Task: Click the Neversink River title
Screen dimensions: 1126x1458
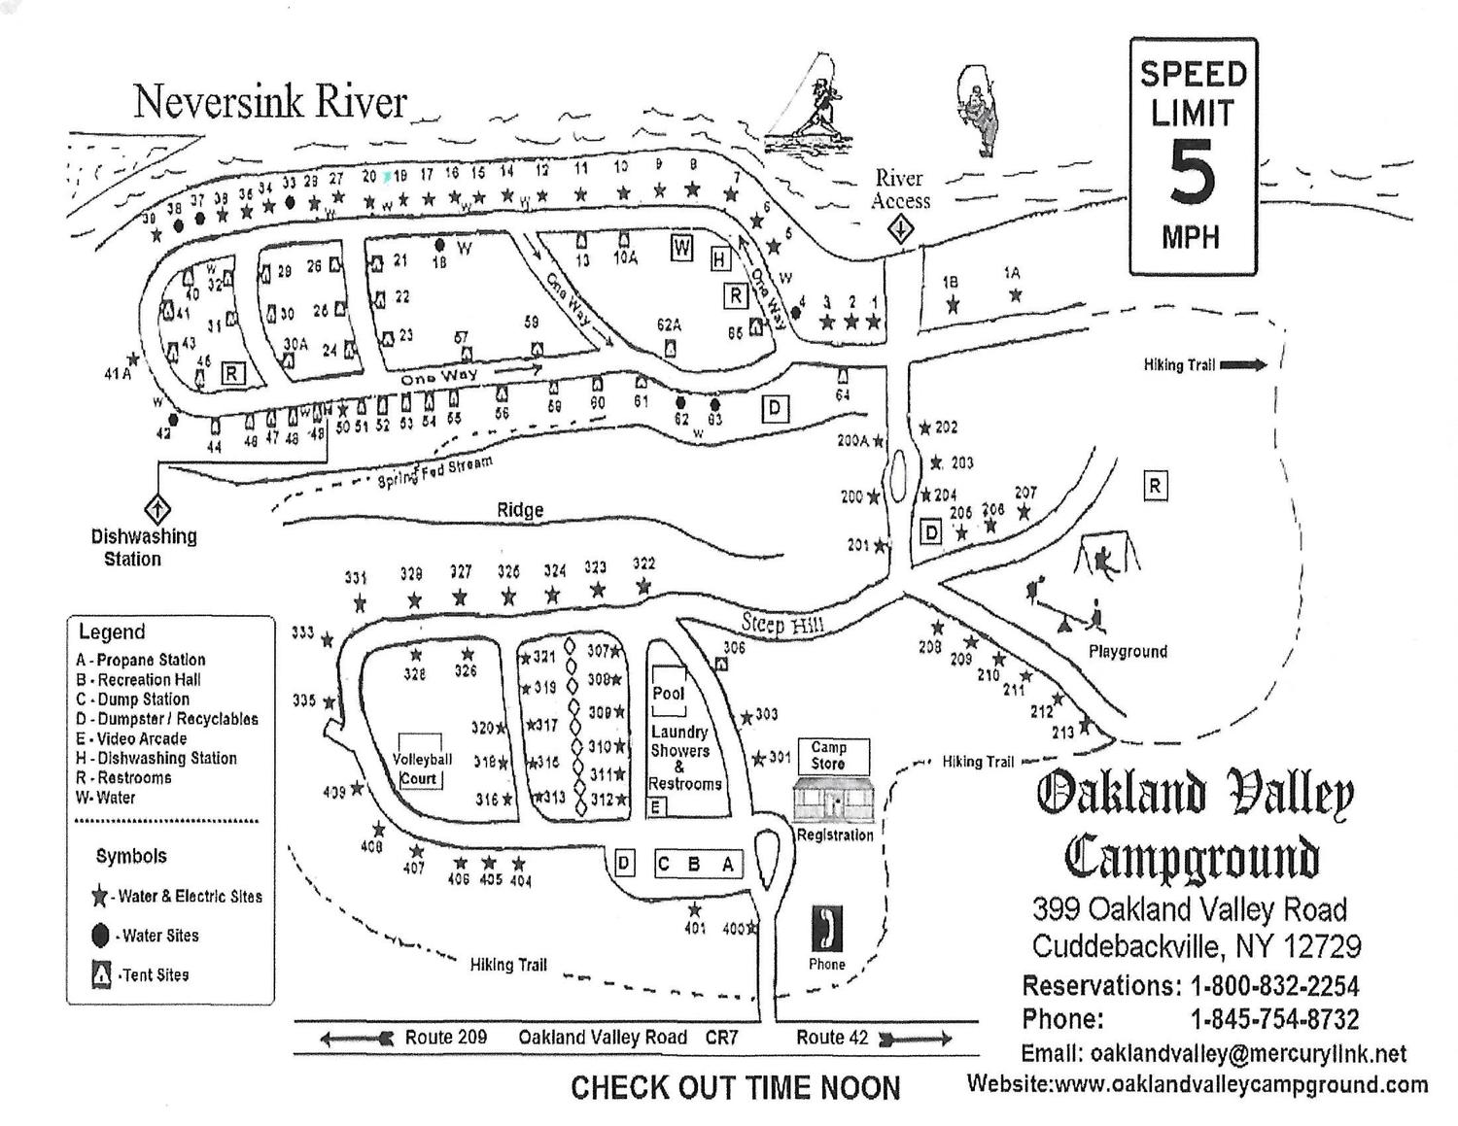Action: [269, 102]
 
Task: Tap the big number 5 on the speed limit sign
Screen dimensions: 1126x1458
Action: [1192, 173]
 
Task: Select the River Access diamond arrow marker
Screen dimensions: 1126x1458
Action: [901, 230]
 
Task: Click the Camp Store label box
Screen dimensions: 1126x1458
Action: [829, 756]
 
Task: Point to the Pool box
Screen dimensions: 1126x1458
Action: [668, 692]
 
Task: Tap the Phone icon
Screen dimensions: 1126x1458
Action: [826, 930]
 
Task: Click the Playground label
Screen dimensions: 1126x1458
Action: [1128, 651]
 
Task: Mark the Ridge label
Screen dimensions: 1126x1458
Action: [520, 510]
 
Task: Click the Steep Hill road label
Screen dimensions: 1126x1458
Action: [782, 623]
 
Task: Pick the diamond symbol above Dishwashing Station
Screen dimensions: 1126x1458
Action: [156, 508]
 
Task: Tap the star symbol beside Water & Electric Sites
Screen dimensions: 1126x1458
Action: [99, 896]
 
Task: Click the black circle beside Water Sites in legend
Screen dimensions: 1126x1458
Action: [99, 936]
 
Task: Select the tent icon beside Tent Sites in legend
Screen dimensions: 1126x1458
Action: [100, 974]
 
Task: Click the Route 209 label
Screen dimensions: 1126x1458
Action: [445, 1038]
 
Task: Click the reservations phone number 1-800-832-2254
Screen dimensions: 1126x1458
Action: [1274, 986]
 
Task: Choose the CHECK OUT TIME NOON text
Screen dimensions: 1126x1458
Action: [735, 1088]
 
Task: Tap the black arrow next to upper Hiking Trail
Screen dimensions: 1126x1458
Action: [1243, 365]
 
